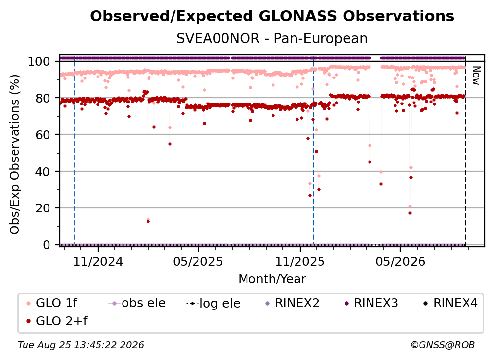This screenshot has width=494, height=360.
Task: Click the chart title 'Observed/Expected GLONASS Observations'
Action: pyautogui.click(x=272, y=16)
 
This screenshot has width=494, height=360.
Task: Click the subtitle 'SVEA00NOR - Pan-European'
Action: pyautogui.click(x=272, y=39)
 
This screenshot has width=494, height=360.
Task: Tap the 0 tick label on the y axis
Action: pyautogui.click(x=47, y=245)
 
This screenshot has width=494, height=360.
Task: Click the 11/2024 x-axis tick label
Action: pyautogui.click(x=98, y=262)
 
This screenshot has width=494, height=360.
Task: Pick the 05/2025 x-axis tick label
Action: pyautogui.click(x=198, y=262)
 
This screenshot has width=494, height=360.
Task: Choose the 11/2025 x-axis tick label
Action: pyautogui.click(x=300, y=262)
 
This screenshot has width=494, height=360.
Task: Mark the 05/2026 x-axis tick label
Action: pyautogui.click(x=400, y=262)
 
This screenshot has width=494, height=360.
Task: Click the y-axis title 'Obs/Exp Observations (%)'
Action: pyautogui.click(x=15, y=154)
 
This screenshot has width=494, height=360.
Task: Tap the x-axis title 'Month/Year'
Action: pyautogui.click(x=272, y=279)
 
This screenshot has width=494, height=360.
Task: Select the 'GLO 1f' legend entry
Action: pyautogui.click(x=51, y=303)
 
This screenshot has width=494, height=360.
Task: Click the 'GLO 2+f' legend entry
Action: pyautogui.click(x=57, y=321)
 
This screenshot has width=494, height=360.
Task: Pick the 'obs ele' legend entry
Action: pyautogui.click(x=136, y=303)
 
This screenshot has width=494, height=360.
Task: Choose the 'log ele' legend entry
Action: pyautogui.click(x=213, y=303)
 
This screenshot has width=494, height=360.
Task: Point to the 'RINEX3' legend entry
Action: pyautogui.click(x=371, y=303)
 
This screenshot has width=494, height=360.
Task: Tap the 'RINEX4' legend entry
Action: pyautogui.click(x=450, y=303)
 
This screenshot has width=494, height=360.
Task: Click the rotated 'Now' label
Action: pyautogui.click(x=476, y=76)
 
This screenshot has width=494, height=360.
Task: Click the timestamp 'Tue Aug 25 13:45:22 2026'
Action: pyautogui.click(x=81, y=345)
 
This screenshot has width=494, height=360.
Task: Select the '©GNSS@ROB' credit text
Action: pyautogui.click(x=443, y=345)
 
